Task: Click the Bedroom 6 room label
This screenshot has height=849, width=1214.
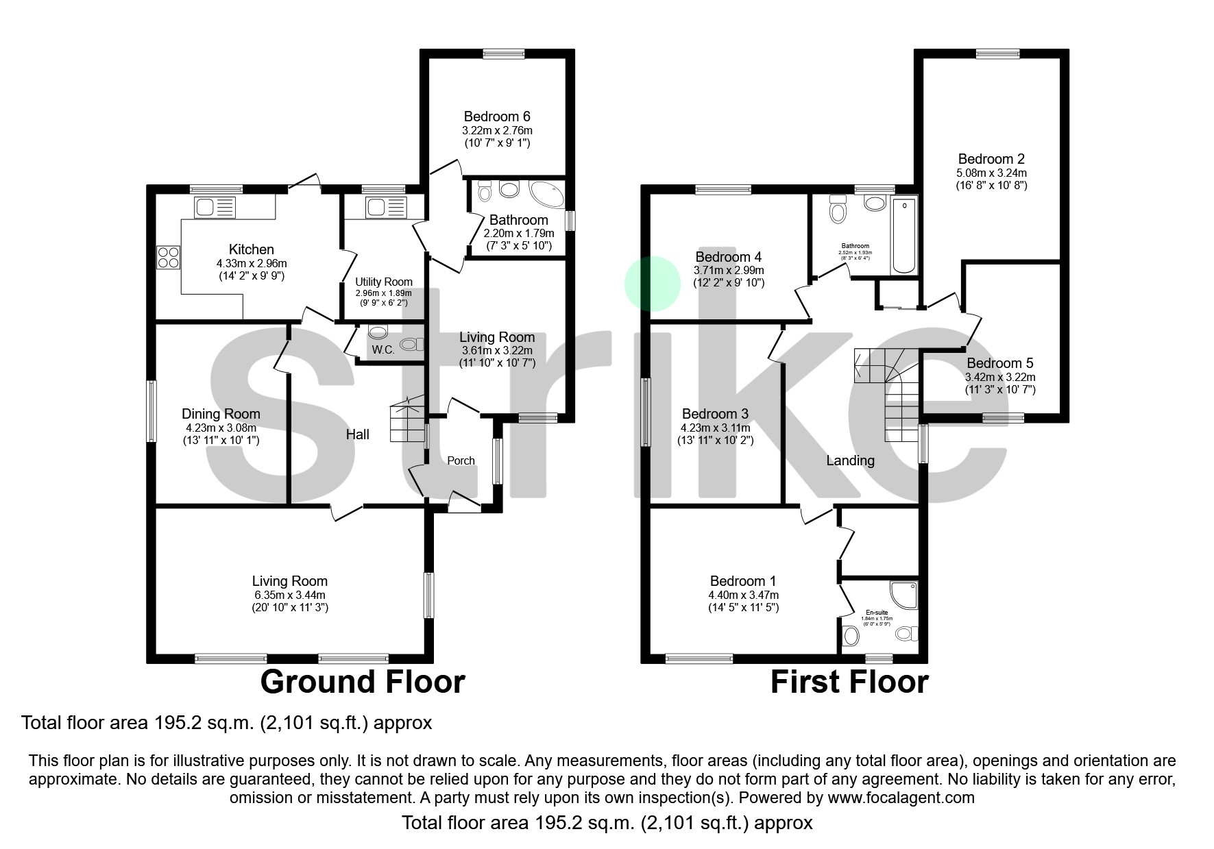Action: [497, 116]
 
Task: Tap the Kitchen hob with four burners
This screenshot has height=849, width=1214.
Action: [169, 257]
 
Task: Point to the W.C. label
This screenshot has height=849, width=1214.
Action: [383, 350]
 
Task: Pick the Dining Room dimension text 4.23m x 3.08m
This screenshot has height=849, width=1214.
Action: [221, 428]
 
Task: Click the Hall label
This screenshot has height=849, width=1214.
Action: [357, 434]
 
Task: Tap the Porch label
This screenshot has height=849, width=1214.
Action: [461, 460]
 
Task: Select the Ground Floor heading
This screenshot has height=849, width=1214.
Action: [363, 682]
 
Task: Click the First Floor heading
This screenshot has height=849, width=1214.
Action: [849, 682]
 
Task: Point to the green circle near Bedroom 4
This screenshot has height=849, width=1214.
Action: [653, 284]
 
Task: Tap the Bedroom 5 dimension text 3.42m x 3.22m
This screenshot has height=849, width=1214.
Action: [1000, 378]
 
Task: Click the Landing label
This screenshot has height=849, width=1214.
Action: [850, 460]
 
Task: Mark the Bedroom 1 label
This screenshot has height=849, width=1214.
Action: [743, 580]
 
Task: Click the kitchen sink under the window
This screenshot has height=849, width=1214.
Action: [215, 206]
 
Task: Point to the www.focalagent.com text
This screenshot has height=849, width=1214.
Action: [901, 798]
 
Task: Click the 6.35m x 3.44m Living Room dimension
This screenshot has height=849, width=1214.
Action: [289, 595]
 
